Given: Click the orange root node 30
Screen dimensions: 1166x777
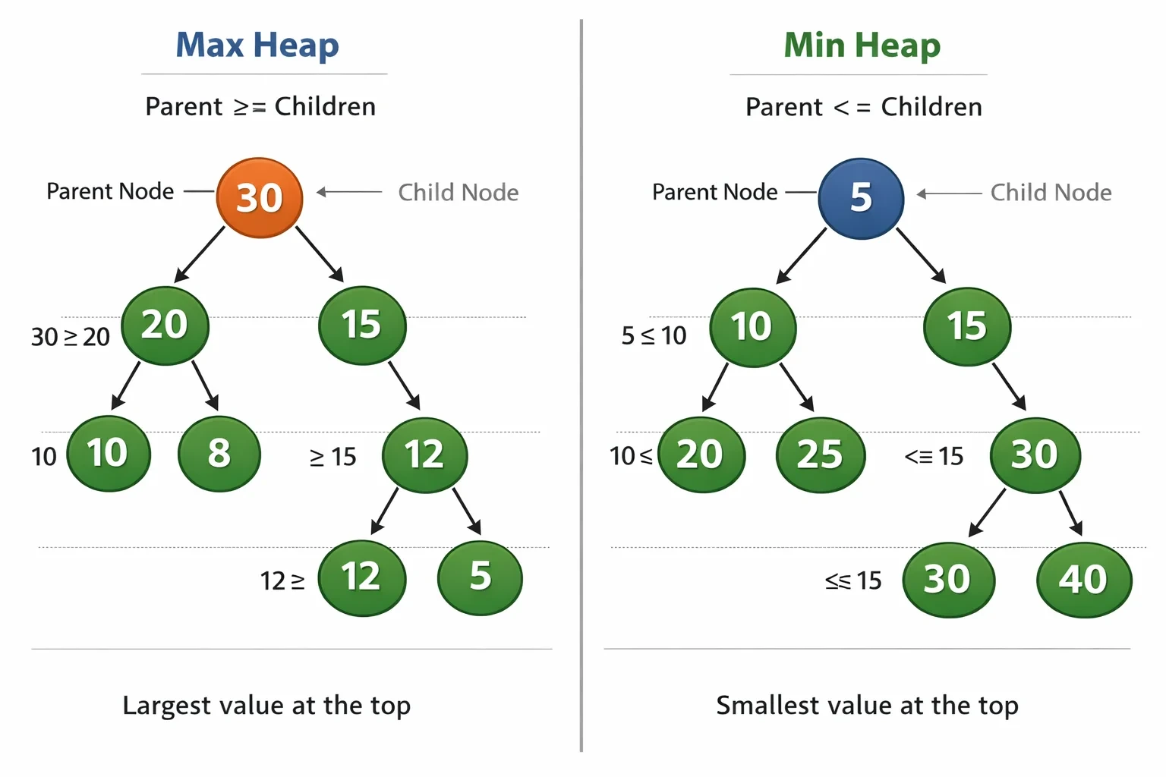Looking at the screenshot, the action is point(259,198).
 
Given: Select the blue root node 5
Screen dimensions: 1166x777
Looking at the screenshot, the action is point(861,198).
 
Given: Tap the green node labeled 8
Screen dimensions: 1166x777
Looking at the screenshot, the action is point(219,454).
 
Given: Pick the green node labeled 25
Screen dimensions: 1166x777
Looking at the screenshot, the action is point(821,455).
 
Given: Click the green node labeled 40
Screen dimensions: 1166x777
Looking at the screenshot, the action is point(1084,580).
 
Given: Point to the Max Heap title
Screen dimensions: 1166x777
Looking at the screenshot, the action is point(257,46).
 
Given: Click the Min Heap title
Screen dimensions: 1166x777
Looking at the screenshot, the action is point(862,46).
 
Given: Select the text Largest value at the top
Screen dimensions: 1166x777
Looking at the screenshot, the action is point(266,706).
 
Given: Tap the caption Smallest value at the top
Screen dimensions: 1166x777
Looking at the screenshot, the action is point(867,706).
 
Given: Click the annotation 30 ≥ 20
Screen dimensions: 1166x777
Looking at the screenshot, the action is point(71,337).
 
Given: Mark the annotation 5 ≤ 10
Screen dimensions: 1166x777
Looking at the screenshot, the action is point(654,335).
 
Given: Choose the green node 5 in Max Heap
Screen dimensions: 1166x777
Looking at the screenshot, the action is point(480,577).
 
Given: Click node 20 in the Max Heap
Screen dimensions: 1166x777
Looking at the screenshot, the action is point(165,326).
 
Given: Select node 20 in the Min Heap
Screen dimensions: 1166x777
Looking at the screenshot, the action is point(701,455).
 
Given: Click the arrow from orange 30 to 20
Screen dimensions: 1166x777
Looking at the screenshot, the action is point(200,254).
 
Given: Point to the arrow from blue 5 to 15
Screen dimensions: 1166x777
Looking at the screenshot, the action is point(921,255).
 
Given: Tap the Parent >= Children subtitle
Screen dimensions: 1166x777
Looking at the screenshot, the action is point(260,107).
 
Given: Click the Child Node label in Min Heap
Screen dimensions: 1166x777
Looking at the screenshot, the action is point(1051,193).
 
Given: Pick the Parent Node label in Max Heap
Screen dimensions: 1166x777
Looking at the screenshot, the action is point(110,191).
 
